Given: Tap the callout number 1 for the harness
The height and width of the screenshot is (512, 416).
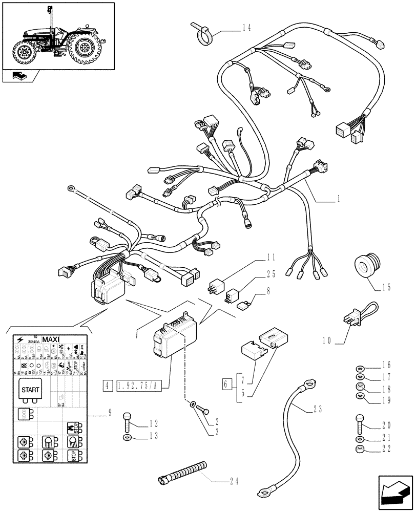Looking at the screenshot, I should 339,198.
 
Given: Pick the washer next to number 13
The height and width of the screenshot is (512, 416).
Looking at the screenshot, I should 127,437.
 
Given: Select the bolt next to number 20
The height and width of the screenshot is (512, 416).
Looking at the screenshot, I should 359,424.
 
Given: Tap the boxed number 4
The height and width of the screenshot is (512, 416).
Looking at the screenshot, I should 107,386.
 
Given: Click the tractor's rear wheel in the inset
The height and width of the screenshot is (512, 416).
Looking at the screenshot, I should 83,48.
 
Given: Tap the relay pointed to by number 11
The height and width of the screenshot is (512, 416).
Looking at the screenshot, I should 216,288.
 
